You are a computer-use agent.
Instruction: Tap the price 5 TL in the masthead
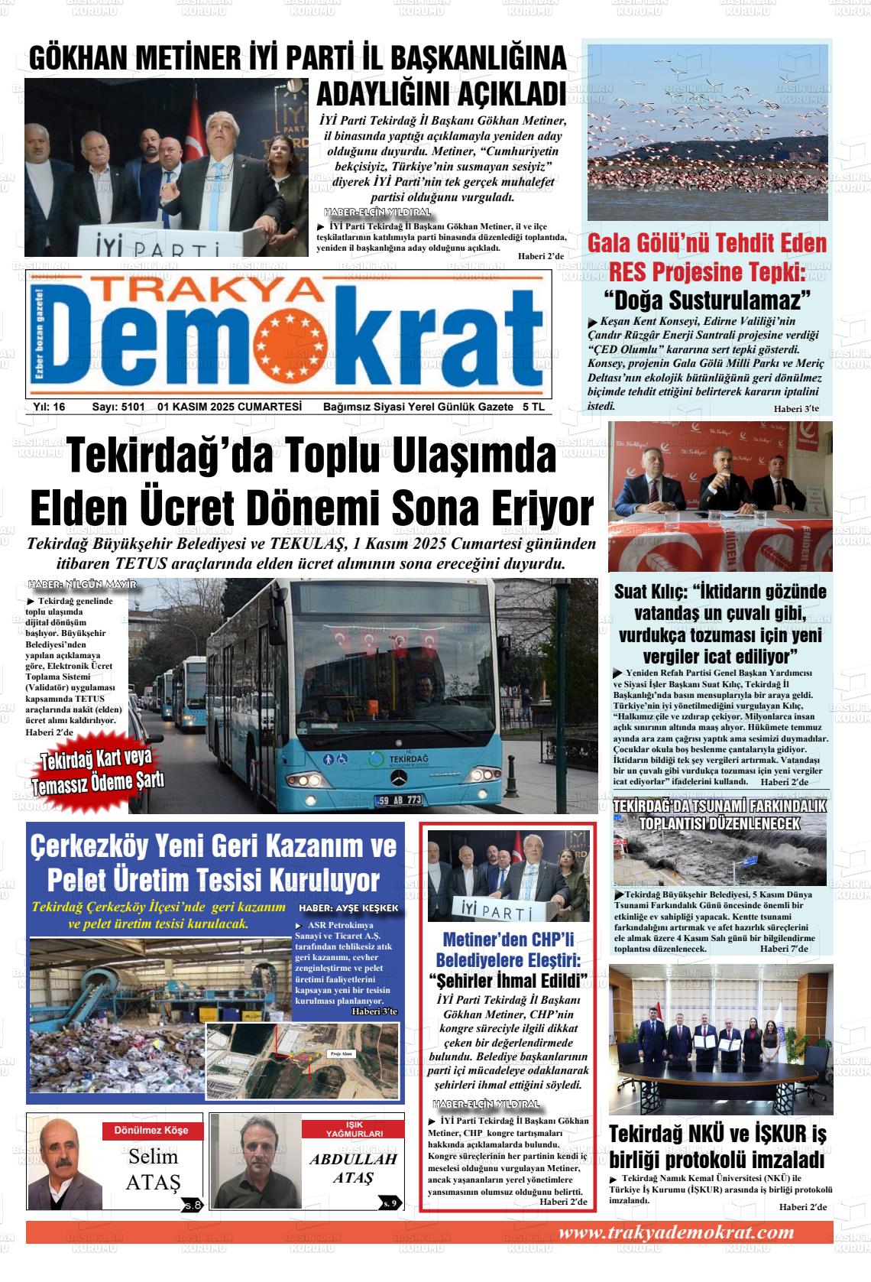pos(533,407)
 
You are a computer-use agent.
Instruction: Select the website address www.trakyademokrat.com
pos(676,1232)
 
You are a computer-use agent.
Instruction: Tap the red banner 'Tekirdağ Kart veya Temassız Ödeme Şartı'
pos(98,771)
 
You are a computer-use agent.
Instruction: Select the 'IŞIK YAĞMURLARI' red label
pos(354,1129)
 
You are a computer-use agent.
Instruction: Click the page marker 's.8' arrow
pos(193,1206)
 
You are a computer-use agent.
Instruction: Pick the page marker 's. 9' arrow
pos(390,1204)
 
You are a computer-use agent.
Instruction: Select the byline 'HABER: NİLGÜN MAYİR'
pos(82,585)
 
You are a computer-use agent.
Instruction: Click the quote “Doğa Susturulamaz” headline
pos(707,298)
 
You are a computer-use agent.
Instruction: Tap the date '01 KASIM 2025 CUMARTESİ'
pos(229,407)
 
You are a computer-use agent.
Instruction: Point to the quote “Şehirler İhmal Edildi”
pos(508,980)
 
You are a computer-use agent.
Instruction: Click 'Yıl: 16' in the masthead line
pos(49,407)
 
